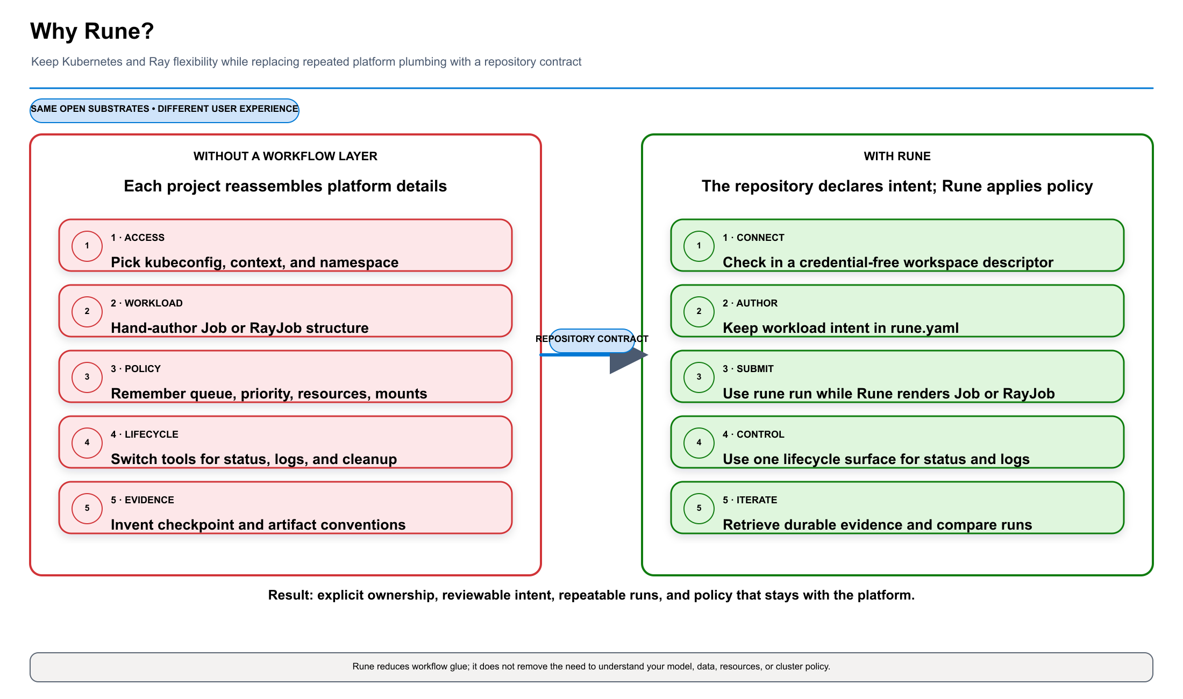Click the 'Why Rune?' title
(x=92, y=31)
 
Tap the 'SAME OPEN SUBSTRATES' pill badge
(x=165, y=110)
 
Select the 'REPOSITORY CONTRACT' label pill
(x=591, y=340)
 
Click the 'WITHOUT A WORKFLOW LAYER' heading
(x=286, y=156)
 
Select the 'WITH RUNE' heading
(x=897, y=156)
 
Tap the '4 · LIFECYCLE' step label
(x=145, y=434)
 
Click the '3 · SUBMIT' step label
(x=748, y=369)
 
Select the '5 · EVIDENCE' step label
(x=142, y=500)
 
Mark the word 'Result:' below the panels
(x=290, y=595)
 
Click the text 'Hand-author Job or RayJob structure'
(x=240, y=328)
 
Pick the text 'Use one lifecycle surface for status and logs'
(x=876, y=459)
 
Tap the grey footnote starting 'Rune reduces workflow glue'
(x=591, y=667)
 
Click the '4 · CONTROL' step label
(x=753, y=434)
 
